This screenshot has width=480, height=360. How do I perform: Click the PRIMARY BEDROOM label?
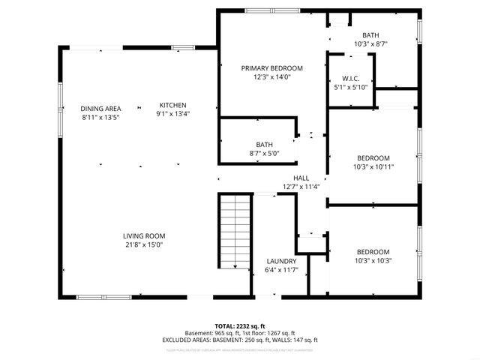(x=271, y=67)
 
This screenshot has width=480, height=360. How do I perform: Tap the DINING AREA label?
(x=100, y=108)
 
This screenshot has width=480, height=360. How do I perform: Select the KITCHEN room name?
(x=172, y=105)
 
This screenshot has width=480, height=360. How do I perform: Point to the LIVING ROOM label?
(x=144, y=235)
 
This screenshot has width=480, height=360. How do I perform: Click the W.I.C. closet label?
(x=351, y=78)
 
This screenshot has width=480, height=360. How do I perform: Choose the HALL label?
(x=301, y=178)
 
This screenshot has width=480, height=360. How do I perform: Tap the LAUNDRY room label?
(x=281, y=261)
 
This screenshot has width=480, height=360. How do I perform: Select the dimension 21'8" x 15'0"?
(x=144, y=244)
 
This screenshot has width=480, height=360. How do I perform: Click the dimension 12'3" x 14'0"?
(x=271, y=76)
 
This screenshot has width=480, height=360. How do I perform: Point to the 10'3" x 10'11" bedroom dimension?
(x=373, y=166)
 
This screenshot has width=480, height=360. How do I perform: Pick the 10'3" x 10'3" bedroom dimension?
(x=373, y=260)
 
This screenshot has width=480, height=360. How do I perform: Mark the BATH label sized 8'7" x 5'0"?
(x=264, y=145)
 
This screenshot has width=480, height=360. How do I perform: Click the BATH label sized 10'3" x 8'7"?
(x=370, y=35)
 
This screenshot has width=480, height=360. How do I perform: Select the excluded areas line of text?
(x=240, y=340)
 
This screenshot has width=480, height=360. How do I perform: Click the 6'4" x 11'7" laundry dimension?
(x=281, y=270)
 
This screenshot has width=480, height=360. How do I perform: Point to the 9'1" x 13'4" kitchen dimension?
(x=172, y=114)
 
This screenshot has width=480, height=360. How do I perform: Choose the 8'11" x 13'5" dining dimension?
(x=100, y=117)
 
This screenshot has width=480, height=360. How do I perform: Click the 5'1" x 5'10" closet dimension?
(x=351, y=87)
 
